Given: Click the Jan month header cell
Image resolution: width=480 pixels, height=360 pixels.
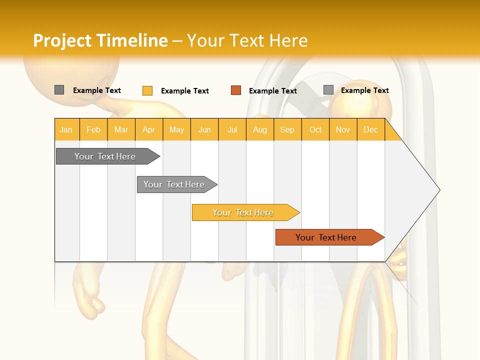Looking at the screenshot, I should click(x=66, y=129).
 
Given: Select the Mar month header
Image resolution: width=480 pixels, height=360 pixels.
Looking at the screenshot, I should click(x=121, y=129).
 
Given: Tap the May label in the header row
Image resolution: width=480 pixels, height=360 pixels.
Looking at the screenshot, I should click(x=176, y=129).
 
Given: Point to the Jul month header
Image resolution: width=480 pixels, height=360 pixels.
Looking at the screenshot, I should click(x=232, y=129).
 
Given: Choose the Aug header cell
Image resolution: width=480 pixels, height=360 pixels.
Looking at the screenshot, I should click(x=260, y=129).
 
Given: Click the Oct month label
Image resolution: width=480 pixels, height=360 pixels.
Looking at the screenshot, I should click(x=315, y=129).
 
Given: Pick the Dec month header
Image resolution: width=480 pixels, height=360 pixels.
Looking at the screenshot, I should click(x=371, y=129).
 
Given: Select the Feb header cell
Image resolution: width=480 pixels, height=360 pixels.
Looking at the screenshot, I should click(x=93, y=129).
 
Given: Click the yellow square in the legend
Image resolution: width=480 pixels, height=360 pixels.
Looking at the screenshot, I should click(x=147, y=90).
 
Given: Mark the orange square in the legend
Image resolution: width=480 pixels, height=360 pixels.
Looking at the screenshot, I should click(x=236, y=90).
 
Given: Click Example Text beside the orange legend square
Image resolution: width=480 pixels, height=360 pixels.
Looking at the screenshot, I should click(x=273, y=91).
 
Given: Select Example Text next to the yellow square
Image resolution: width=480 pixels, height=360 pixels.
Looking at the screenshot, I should click(x=185, y=91).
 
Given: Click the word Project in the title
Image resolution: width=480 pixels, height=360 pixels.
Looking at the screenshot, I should click(x=62, y=40).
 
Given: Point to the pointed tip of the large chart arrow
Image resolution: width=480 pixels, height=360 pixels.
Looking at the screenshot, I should click(x=439, y=190).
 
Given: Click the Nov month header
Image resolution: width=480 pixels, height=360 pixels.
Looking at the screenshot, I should click(x=343, y=129).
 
